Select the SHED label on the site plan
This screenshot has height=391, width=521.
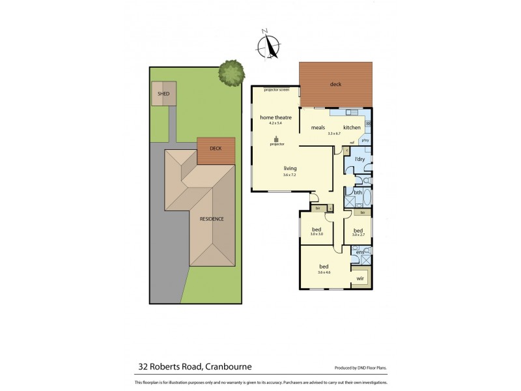[x=163, y=94]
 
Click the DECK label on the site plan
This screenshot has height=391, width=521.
[x=215, y=149]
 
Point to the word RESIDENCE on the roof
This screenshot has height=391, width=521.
[x=212, y=219]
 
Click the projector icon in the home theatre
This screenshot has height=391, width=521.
[x=275, y=139]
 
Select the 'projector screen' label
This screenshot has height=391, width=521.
[x=276, y=89]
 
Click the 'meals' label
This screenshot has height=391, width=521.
[x=318, y=127]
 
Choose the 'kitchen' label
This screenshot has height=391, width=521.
[x=352, y=127]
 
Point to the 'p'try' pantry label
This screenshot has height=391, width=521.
[x=365, y=140]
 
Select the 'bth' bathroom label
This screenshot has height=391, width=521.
[x=358, y=192]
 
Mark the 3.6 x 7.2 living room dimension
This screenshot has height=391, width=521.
[x=290, y=175]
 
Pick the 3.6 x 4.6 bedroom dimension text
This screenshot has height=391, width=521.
[x=324, y=272]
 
